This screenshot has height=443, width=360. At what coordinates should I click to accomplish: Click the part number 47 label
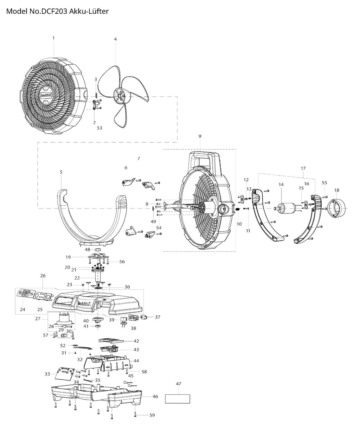pos(178,384)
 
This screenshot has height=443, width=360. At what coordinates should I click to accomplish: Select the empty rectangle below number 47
pos(178,399)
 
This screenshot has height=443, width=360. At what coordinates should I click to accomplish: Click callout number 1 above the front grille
pos(53,38)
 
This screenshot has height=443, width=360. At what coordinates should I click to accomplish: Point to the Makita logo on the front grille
pos(46,95)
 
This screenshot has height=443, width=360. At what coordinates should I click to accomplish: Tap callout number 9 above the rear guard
pos(200,136)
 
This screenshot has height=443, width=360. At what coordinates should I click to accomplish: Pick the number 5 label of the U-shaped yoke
pos(61,172)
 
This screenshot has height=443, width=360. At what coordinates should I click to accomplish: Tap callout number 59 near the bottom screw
pos(152,415)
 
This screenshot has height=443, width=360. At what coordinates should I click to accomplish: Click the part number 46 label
pos(155,396)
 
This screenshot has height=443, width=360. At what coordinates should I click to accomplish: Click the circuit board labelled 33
pos(66,373)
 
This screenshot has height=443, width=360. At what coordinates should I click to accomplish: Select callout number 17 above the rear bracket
pos(303,168)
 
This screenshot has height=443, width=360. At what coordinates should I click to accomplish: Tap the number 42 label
pos(136,341)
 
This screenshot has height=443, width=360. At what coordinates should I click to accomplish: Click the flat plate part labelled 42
pos(110,340)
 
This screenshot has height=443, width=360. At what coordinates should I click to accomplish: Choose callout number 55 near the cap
pos(324,183)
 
